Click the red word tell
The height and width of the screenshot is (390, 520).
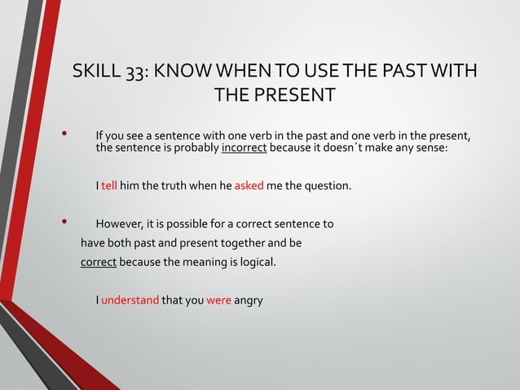[x=110, y=186]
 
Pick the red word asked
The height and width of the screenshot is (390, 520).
[x=249, y=186]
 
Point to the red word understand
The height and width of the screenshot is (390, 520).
[x=130, y=299]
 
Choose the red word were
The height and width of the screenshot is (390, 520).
[x=219, y=299]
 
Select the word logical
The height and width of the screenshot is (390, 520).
[x=254, y=262]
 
